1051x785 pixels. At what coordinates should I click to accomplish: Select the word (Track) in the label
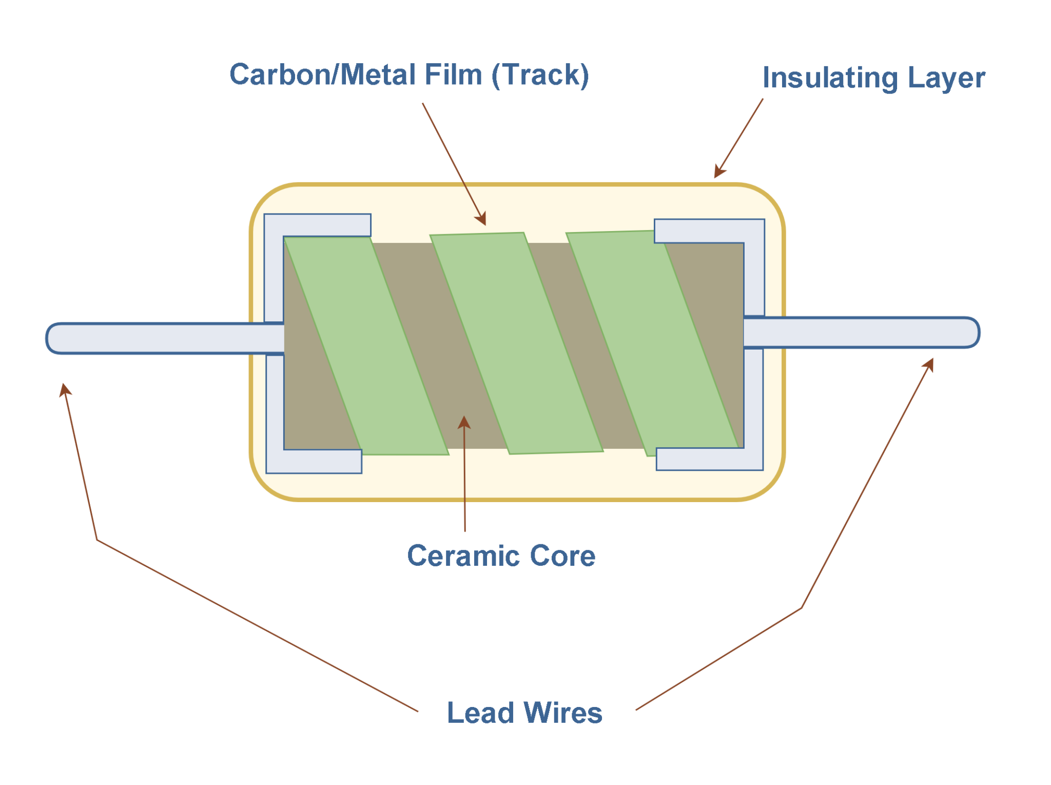click(x=540, y=75)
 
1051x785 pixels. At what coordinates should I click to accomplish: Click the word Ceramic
click(x=464, y=556)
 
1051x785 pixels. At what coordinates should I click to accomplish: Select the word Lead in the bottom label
click(x=480, y=713)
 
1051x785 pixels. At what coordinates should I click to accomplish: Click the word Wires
click(x=563, y=713)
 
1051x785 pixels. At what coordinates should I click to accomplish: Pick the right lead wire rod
click(x=862, y=333)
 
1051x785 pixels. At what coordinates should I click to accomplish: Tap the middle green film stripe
click(x=516, y=344)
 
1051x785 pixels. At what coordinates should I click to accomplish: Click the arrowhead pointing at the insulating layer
click(x=719, y=172)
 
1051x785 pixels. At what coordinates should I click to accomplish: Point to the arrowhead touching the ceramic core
click(x=464, y=422)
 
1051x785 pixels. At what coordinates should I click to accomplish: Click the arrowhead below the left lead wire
click(x=64, y=390)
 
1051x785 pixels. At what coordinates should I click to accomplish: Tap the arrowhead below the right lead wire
click(x=928, y=364)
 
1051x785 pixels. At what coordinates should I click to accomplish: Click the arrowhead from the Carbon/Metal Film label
click(x=481, y=219)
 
